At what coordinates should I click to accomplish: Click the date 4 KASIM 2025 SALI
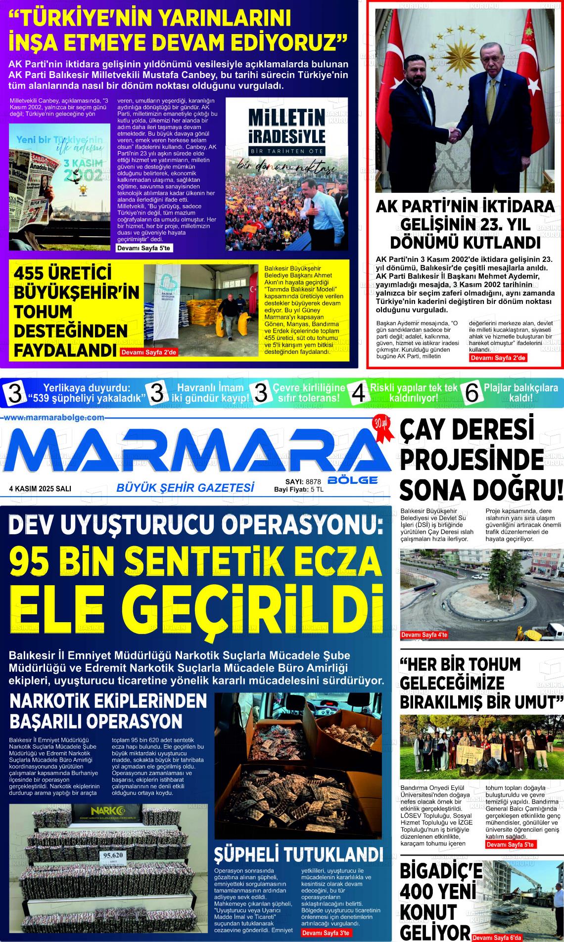tap(40, 488)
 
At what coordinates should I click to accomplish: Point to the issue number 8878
tap(314, 481)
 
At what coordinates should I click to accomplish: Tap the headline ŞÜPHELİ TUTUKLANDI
tap(298, 854)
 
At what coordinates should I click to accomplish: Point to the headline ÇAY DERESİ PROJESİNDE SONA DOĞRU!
tap(481, 460)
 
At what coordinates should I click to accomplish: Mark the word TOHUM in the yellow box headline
tap(44, 312)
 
